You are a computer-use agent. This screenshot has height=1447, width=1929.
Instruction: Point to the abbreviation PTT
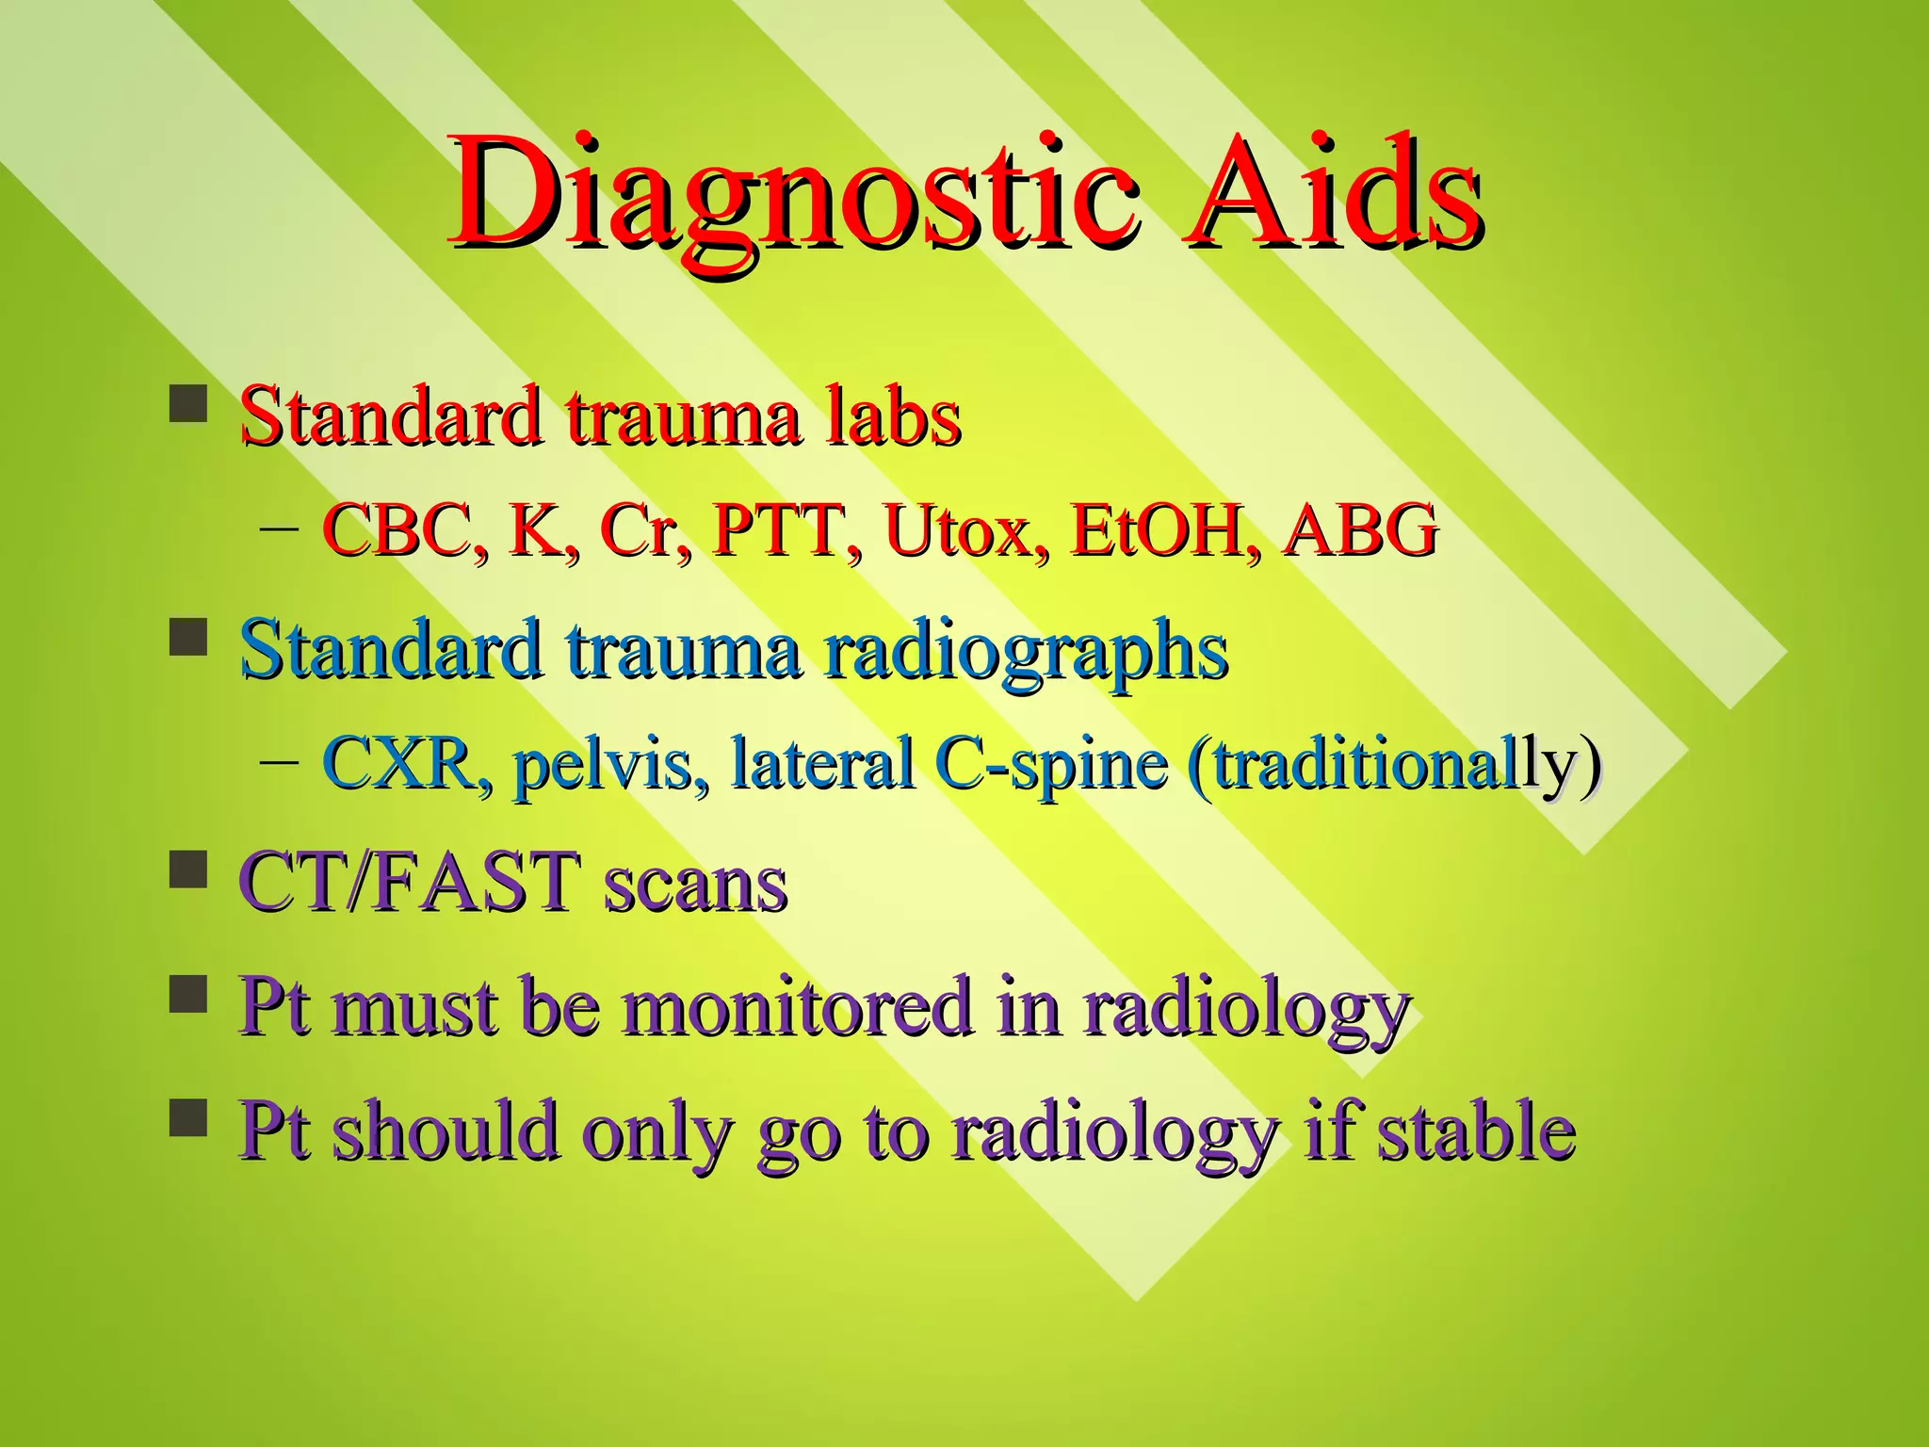(x=786, y=530)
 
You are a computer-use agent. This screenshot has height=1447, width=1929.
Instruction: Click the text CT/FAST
(x=410, y=883)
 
